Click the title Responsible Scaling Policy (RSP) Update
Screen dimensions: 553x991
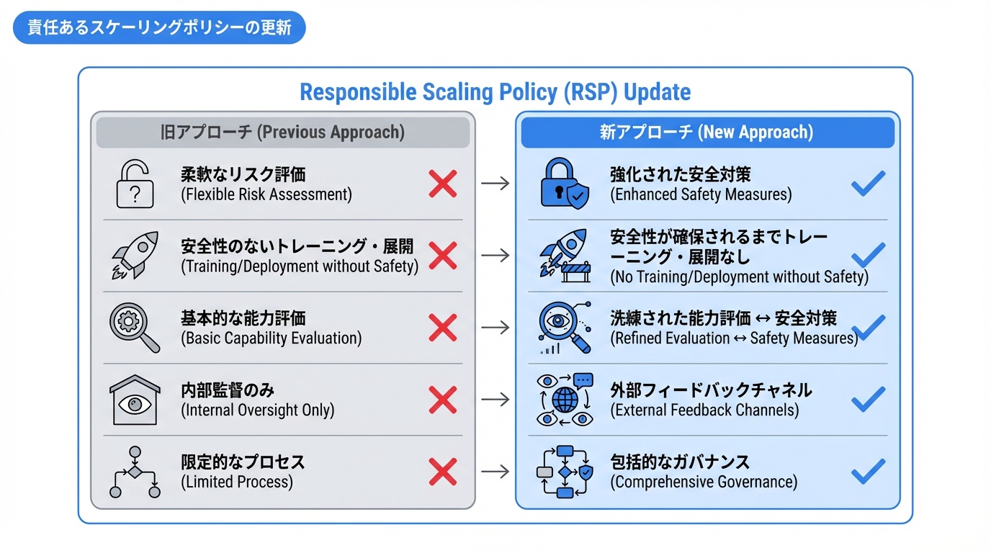coord(495,92)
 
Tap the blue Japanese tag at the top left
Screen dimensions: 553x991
coord(159,28)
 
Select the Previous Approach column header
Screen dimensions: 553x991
coord(282,132)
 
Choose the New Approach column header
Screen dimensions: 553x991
coord(707,132)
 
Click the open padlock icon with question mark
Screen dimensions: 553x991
coord(135,184)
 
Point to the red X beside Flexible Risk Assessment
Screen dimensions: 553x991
coord(442,184)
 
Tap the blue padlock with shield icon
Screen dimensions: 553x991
coord(564,184)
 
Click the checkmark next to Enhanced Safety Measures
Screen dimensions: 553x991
coord(868,183)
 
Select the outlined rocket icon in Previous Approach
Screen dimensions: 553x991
coord(135,255)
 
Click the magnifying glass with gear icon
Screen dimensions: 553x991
coord(135,328)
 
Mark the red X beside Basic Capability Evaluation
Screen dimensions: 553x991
coord(442,328)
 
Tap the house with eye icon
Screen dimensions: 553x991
coord(135,400)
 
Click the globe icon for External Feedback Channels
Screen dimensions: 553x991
coord(565,400)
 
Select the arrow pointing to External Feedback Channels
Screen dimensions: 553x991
coord(495,400)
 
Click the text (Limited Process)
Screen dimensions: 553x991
coord(237,482)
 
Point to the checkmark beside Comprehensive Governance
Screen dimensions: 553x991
coord(868,471)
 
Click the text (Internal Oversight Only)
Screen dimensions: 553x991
coord(258,410)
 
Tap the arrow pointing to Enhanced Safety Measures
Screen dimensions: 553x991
coord(495,184)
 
